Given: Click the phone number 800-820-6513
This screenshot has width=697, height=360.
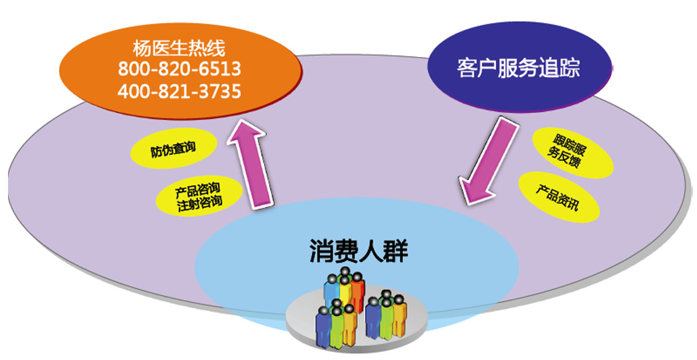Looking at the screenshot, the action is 179,69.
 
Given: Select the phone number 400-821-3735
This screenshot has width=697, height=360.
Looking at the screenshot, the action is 179,91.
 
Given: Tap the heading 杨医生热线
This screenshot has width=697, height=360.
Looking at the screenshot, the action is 179,48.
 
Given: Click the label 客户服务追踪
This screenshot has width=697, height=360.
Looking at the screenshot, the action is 518,67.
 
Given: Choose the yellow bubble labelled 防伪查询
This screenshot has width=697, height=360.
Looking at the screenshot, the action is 173,148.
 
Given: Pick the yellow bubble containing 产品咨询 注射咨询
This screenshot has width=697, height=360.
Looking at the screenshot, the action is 199,196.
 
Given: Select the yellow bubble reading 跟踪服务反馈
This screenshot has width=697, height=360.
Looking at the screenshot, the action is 573,153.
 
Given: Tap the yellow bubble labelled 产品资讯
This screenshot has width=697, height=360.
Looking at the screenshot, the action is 559,197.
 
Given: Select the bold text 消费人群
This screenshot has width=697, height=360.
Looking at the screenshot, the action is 358,251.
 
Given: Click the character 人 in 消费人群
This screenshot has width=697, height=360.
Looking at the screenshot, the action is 370,251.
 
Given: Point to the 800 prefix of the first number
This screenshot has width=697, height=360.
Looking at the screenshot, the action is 136,69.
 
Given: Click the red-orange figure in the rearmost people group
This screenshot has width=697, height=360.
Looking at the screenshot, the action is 358,293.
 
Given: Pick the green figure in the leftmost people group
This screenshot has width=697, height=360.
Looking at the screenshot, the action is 337,327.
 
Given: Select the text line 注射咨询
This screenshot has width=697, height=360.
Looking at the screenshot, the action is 200,204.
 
